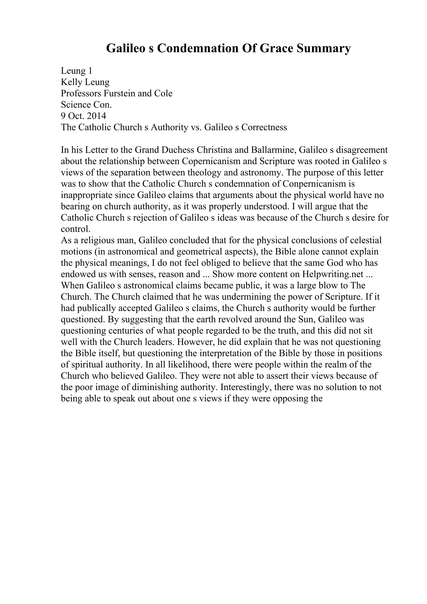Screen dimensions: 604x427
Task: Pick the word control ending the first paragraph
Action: coord(75,229)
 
